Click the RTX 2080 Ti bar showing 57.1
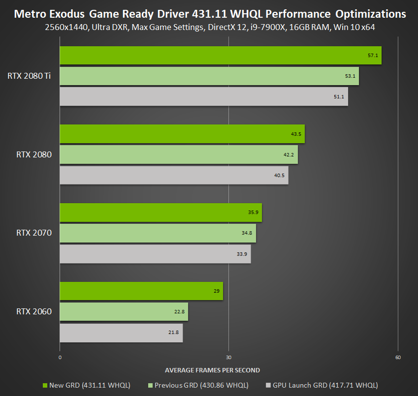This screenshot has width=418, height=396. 221,56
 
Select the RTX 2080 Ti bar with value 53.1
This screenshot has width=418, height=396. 209,76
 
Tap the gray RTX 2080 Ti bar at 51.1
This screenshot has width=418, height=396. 204,96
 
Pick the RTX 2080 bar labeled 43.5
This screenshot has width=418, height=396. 182,134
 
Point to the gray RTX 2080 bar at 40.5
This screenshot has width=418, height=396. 174,175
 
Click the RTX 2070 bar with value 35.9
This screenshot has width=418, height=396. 161,213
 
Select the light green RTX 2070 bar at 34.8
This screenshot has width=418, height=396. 158,233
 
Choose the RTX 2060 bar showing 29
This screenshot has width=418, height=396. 141,291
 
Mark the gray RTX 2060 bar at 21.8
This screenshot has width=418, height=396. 121,333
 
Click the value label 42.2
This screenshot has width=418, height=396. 289,155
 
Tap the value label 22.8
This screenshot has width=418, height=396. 179,312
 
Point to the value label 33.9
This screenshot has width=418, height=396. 242,254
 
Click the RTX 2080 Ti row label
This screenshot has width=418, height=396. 29,76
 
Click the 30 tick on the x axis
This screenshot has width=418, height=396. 228,358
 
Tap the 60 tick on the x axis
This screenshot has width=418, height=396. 398,358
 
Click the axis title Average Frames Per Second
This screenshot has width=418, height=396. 212,370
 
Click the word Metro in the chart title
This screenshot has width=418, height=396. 30,13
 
